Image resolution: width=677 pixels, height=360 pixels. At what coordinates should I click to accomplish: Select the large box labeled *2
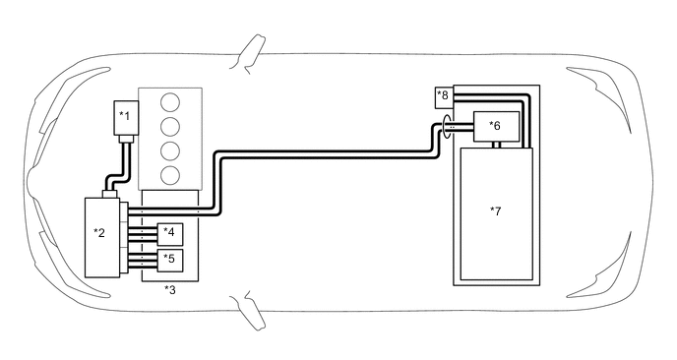101,236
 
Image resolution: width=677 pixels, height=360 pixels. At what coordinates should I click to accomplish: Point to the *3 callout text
170,289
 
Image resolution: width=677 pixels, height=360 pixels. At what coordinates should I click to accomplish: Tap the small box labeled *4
170,234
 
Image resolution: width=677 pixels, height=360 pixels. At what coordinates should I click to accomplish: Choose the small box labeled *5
170,261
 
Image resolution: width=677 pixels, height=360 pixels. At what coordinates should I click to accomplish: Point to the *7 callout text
495,210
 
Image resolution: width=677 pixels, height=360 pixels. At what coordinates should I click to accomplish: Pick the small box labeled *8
443,96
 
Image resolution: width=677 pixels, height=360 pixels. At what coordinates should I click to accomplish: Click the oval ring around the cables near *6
449,126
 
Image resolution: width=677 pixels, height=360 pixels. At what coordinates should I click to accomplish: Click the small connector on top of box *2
110,193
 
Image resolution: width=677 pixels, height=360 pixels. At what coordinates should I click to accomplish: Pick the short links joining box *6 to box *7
499,145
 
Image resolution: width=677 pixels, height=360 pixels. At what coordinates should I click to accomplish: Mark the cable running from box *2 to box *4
140,234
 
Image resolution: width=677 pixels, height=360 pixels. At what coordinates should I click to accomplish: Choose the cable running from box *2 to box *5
140,261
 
